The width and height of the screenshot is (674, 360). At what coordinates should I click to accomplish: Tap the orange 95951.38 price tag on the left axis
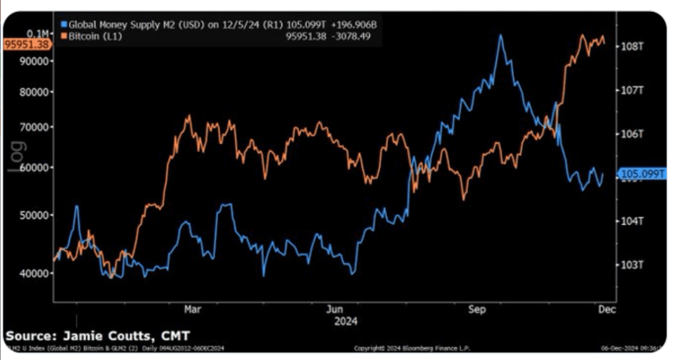pyautogui.click(x=27, y=44)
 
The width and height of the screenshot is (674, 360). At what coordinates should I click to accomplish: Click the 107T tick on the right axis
pyautogui.click(x=632, y=90)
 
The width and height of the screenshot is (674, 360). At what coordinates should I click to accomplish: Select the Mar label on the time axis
pyautogui.click(x=192, y=309)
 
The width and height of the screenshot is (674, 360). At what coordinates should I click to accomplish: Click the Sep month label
pyautogui.click(x=477, y=309)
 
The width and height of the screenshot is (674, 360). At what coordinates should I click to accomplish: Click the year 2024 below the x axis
pyautogui.click(x=346, y=321)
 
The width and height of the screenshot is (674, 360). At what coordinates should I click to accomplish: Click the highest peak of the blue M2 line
pyautogui.click(x=501, y=35)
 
